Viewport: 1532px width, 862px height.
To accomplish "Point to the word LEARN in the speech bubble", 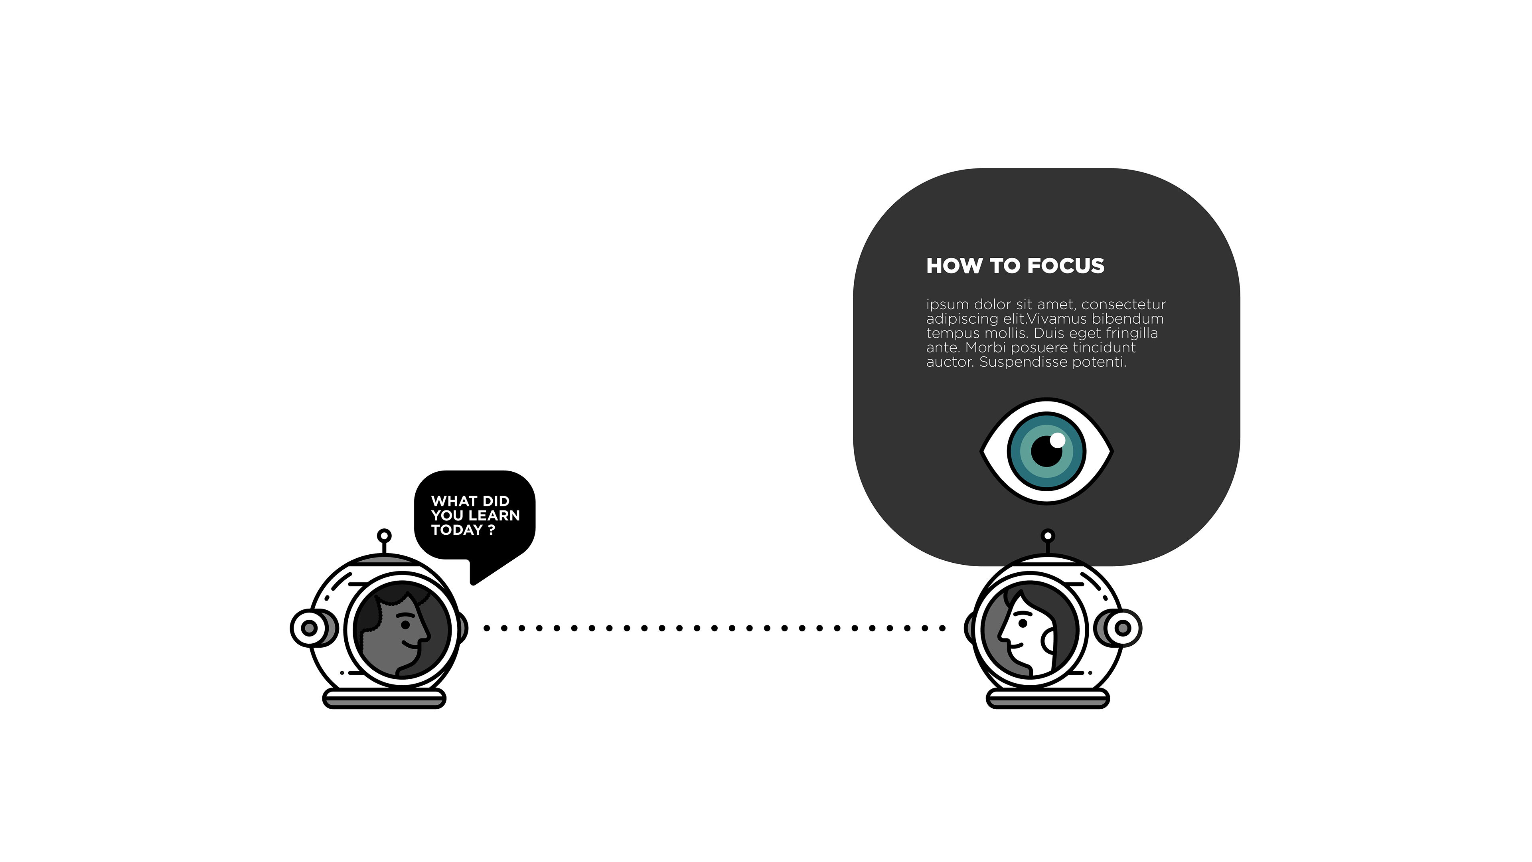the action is [494, 515].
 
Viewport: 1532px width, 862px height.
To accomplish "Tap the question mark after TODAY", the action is [491, 530].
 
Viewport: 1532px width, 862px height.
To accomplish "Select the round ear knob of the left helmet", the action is [309, 628].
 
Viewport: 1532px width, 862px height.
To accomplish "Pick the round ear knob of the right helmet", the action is [1123, 628].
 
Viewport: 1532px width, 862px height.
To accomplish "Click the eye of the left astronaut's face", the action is [405, 624].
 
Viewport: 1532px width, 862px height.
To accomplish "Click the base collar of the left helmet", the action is [384, 699].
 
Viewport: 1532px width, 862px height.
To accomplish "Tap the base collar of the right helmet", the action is [1048, 699].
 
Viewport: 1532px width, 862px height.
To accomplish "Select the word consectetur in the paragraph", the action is [1123, 304].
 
